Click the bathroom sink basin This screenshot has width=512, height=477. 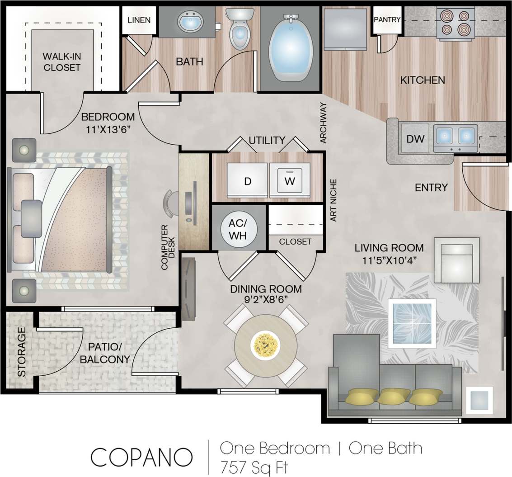pos(191,22)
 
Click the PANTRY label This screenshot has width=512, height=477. pos(387,19)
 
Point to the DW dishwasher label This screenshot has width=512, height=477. pos(415,139)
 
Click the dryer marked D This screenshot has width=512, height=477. pos(247,182)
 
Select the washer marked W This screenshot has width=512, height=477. pos(289,182)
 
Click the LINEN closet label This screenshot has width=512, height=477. pos(139,20)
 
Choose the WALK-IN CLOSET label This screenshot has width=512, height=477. pos(62,62)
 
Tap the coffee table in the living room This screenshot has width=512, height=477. pos(412,322)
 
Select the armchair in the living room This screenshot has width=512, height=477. pos(456,260)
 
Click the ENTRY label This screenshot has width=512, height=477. pos(431,187)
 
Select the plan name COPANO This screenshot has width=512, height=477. pos(142,457)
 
